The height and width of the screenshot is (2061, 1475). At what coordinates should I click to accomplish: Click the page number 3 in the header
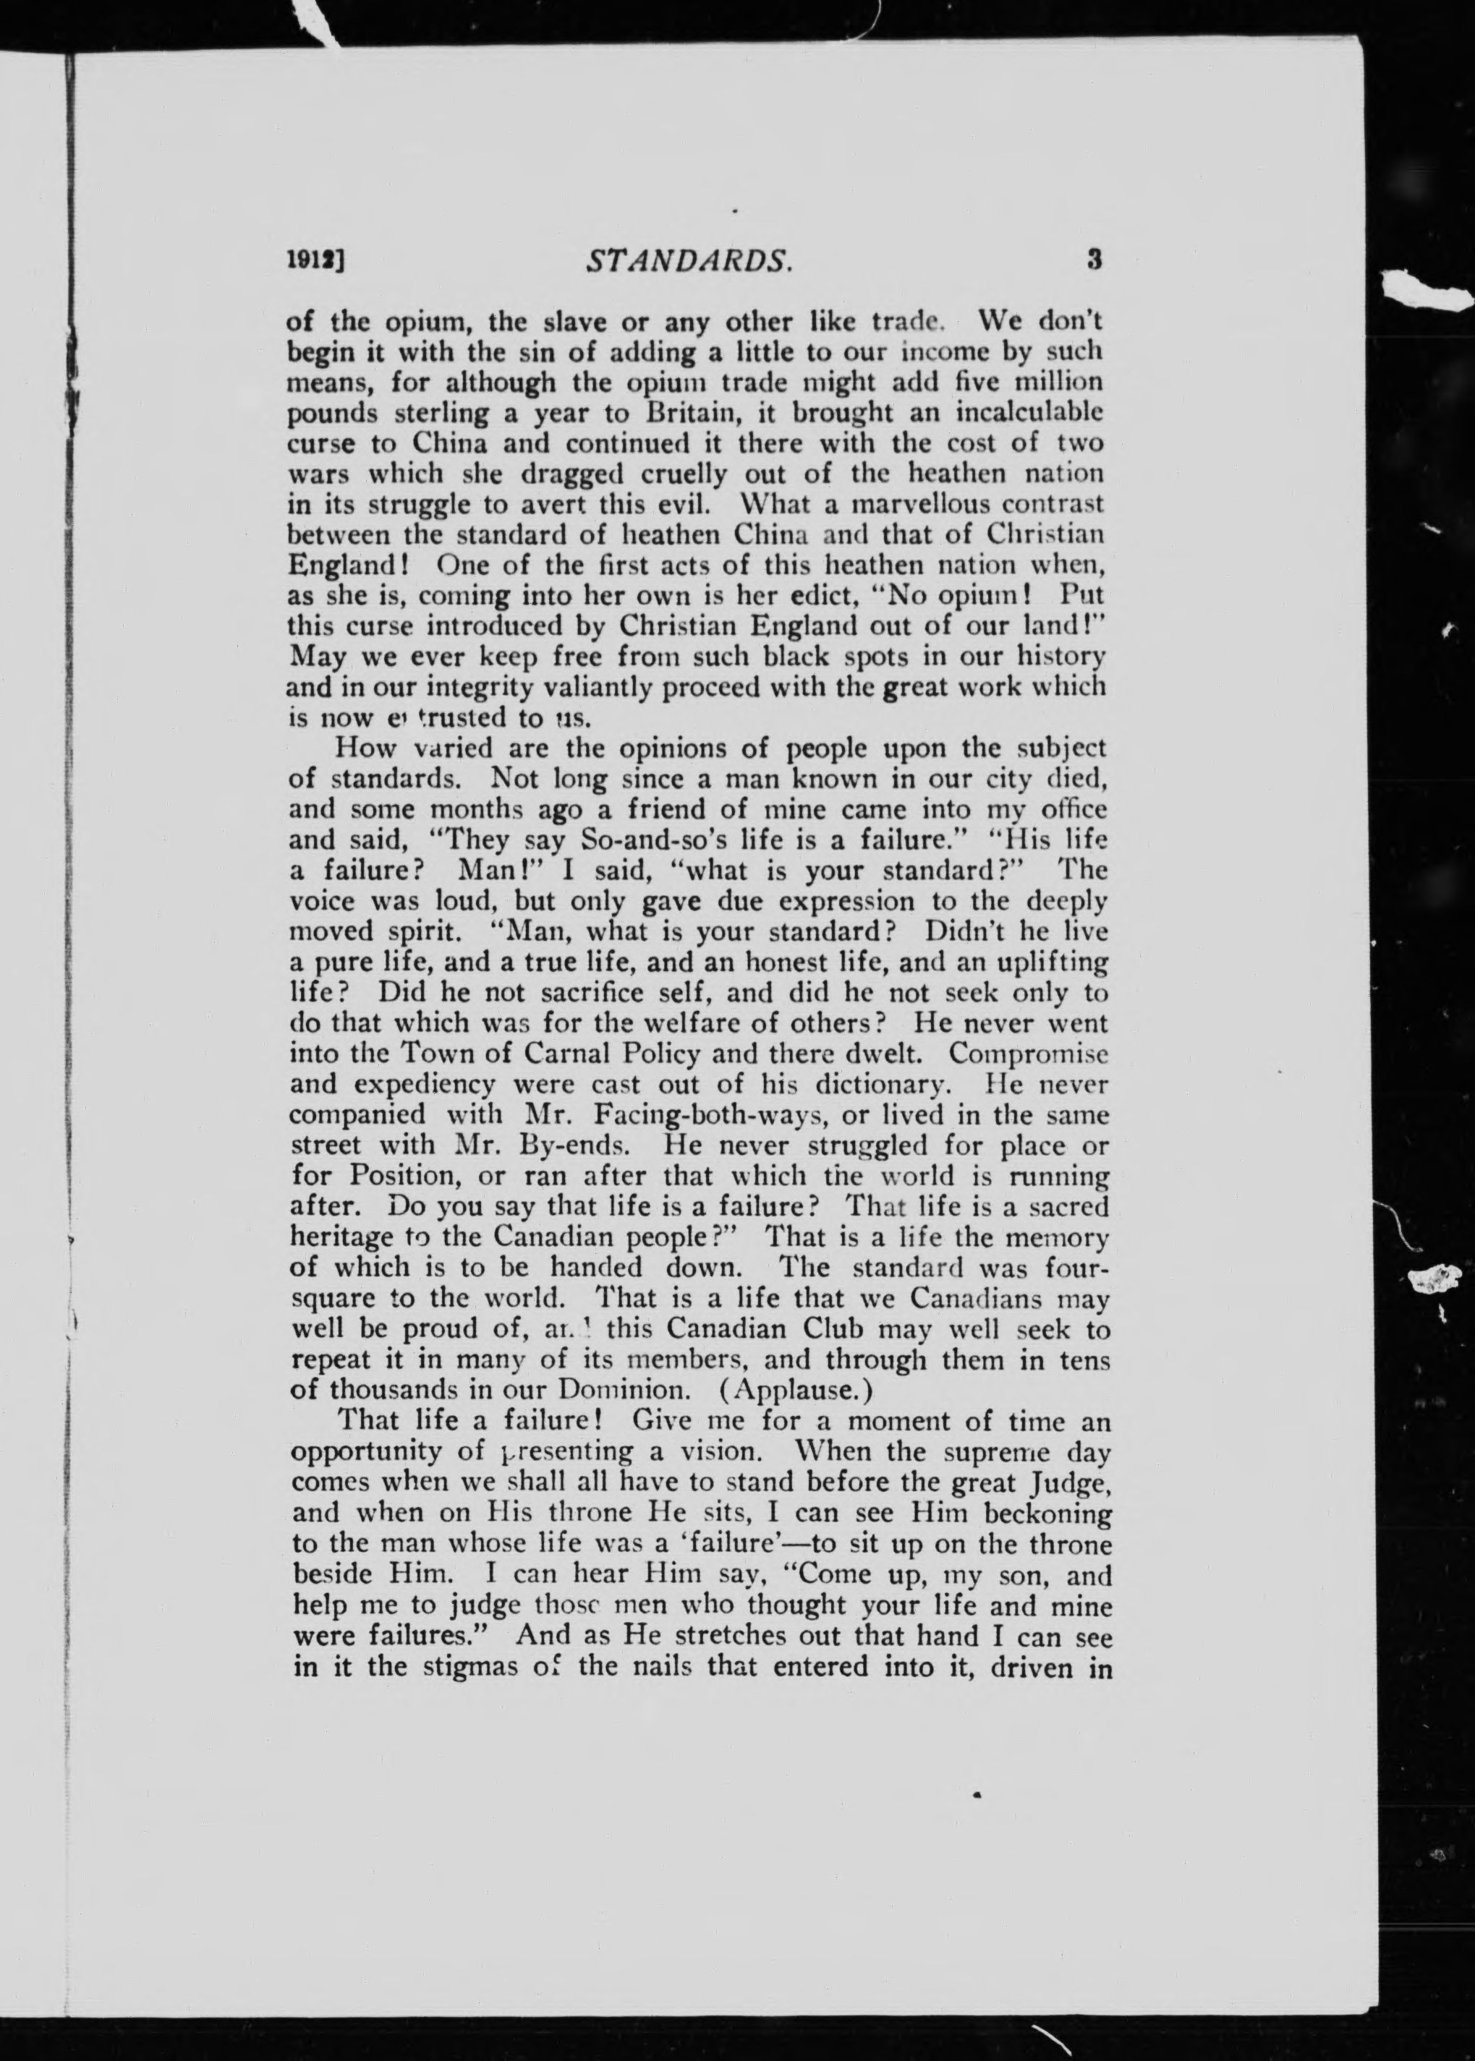coord(1094,260)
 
